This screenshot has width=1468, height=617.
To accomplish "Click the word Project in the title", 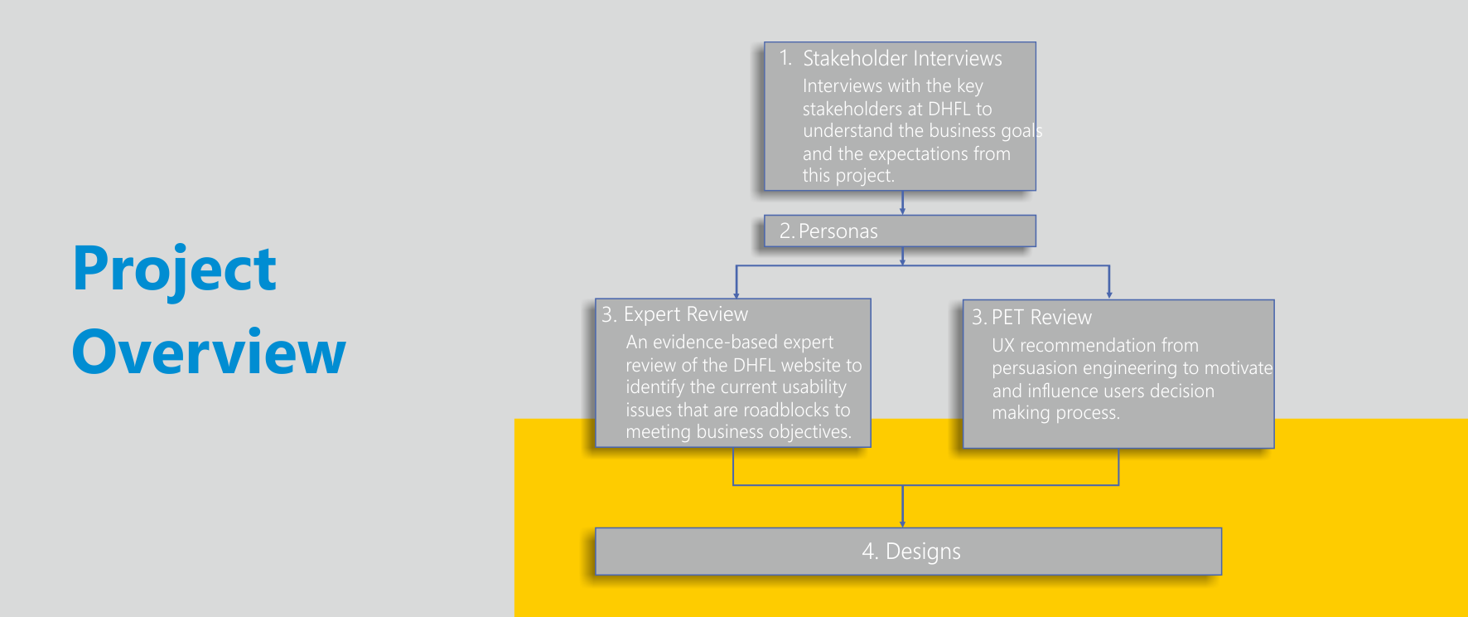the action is [175, 270].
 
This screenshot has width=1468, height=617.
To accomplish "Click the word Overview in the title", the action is [209, 352].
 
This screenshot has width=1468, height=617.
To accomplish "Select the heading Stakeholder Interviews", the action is [902, 59].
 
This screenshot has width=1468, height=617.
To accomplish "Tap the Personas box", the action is [900, 231].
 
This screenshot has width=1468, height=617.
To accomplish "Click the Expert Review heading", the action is [685, 315].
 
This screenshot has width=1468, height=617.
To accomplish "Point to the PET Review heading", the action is [1041, 318].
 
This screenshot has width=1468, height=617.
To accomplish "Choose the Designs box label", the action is [923, 551].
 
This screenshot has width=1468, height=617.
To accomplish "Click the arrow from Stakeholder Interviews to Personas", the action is [902, 203].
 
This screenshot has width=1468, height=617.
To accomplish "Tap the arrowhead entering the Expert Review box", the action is [736, 294].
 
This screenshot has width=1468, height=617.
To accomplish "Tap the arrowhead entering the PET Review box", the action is [1108, 294].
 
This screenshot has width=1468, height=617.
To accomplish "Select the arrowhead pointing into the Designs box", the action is [902, 523].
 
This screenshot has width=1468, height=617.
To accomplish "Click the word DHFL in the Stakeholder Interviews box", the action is [949, 109].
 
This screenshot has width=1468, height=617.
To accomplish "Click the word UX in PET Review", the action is [1002, 346].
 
